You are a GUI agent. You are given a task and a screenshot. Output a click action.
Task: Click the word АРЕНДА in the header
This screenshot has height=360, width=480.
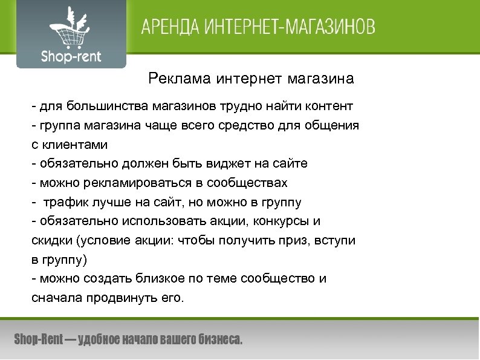[166, 28]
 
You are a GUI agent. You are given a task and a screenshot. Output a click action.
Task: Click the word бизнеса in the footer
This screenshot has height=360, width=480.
[219, 339]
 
